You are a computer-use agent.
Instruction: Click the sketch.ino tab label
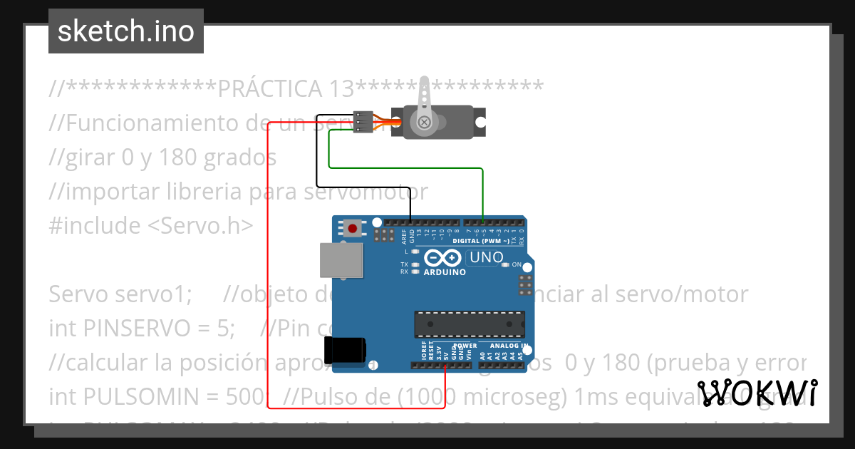point(126,31)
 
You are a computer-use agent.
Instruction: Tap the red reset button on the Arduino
point(352,229)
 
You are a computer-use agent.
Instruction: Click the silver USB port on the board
point(340,259)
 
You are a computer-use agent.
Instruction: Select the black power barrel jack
point(345,351)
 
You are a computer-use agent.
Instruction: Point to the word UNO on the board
point(487,257)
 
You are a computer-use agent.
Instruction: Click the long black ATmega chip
point(470,324)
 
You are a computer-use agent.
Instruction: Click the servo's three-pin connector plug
point(363,122)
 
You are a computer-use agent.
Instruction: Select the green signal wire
point(406,167)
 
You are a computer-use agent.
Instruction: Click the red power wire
point(268,285)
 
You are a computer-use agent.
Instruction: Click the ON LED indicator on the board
point(505,264)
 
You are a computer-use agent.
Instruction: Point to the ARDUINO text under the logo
point(445,272)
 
